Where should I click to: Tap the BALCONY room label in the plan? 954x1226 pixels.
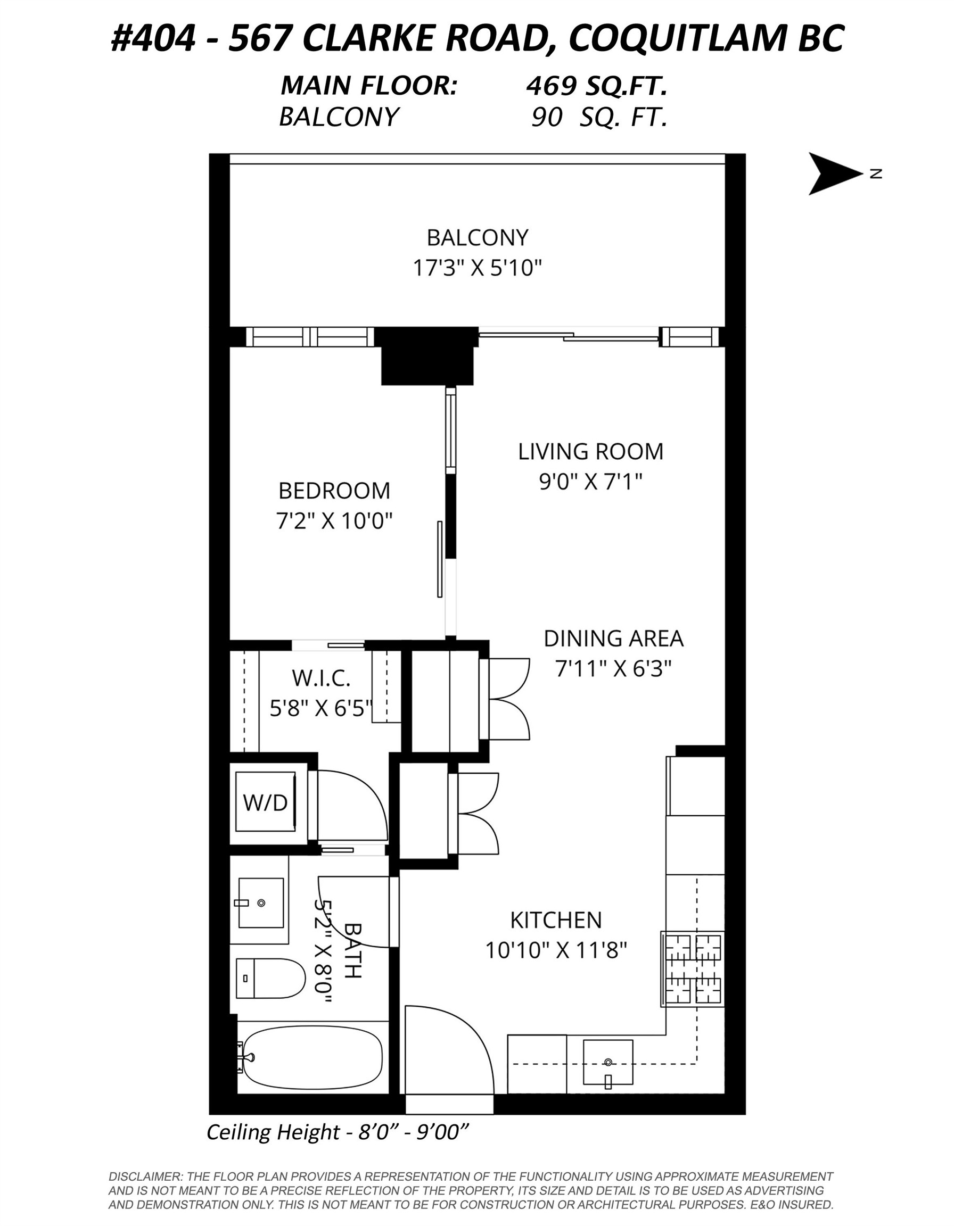478,238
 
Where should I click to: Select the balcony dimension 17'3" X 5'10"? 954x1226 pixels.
478,268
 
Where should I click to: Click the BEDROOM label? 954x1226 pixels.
334,491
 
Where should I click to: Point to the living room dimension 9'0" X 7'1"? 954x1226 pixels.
590,482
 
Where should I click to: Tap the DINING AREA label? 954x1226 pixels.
613,639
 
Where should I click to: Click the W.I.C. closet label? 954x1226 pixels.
321,678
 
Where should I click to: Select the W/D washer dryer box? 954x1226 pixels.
265,802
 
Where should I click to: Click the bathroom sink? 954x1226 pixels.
260,902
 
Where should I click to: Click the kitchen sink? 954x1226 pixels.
608,1062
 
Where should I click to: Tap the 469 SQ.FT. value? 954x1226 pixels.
596,86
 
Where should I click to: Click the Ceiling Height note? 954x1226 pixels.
338,1132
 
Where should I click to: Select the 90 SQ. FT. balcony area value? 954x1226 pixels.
599,117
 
